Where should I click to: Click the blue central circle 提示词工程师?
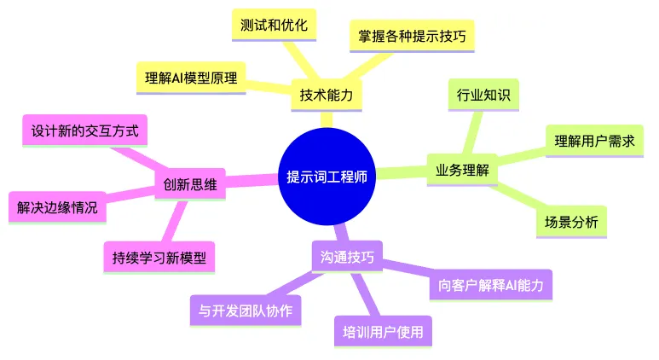(x=327, y=177)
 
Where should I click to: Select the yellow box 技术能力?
(x=327, y=95)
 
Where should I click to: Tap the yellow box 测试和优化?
(x=274, y=25)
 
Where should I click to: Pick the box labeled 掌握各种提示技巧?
(x=412, y=36)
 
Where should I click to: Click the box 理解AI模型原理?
(x=191, y=78)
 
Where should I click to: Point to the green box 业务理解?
(x=462, y=170)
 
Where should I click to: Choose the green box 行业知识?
(x=483, y=95)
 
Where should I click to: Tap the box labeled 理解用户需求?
(x=594, y=141)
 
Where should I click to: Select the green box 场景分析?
(x=571, y=222)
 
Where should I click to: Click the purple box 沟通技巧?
(x=347, y=257)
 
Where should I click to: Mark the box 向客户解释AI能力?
(x=490, y=285)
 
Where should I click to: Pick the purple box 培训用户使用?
(x=383, y=332)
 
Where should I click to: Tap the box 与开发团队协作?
(x=246, y=311)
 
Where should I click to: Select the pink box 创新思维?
(x=190, y=184)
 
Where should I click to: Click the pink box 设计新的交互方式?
(x=84, y=131)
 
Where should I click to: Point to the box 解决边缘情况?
(x=57, y=207)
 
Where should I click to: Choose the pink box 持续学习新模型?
(x=159, y=258)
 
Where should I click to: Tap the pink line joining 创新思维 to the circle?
(x=252, y=180)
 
